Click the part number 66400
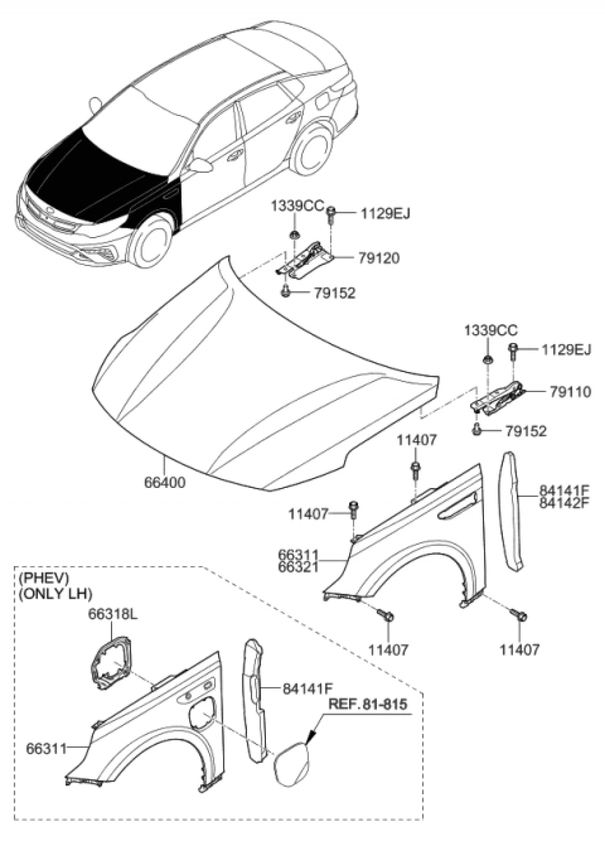(x=165, y=483)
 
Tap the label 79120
(x=378, y=258)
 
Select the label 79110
(x=570, y=392)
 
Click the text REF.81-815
(x=367, y=705)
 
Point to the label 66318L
(x=113, y=615)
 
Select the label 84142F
(x=565, y=503)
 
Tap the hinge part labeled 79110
(x=497, y=397)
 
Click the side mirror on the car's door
(x=201, y=164)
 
